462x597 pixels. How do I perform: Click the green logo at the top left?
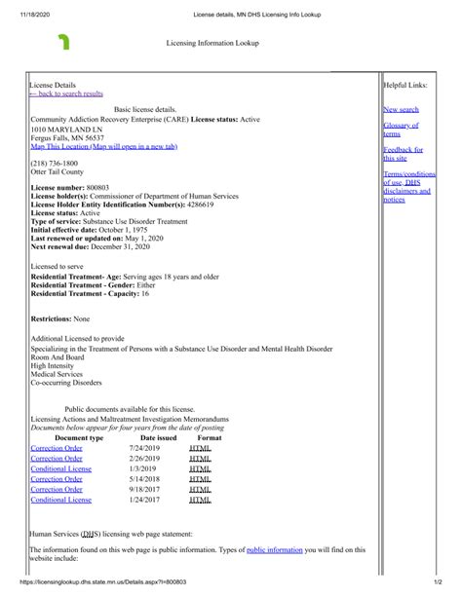pos(64,42)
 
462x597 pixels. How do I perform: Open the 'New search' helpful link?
pos(401,110)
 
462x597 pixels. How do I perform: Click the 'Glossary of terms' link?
pos(400,130)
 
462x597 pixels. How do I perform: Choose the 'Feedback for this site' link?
pos(402,154)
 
